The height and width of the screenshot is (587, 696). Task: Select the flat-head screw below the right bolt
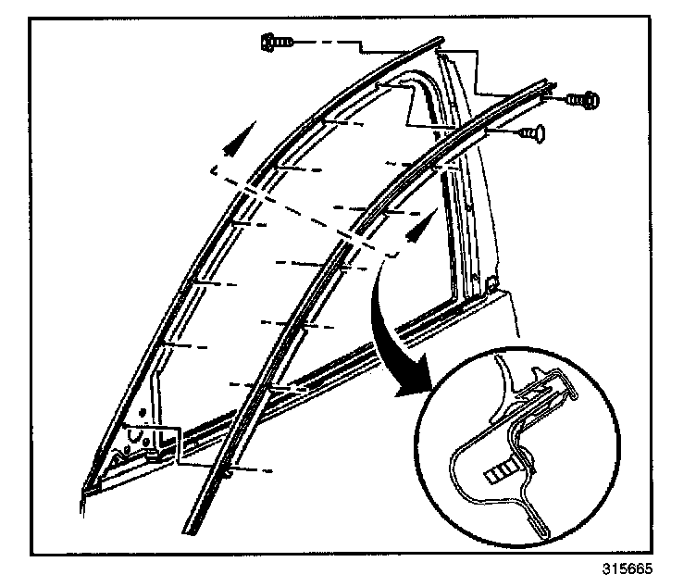click(x=534, y=134)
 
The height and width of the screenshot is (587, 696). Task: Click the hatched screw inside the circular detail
click(x=501, y=471)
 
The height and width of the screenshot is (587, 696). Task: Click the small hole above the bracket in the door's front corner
click(x=142, y=410)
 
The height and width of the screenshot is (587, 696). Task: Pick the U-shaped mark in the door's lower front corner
click(x=140, y=432)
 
